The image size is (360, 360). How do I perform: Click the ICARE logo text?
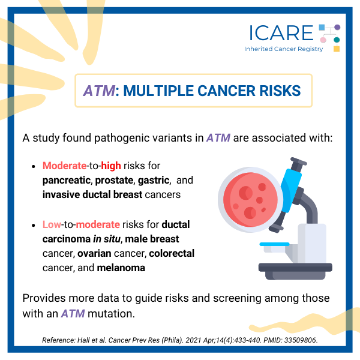[x=281, y=33]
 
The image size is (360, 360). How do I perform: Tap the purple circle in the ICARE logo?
[x=337, y=27]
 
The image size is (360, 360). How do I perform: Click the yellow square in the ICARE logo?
[x=337, y=49]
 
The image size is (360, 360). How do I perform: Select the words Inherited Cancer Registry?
[x=284, y=49]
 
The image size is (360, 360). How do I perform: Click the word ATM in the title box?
[x=99, y=91]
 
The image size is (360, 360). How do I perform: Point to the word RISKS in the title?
[x=280, y=91]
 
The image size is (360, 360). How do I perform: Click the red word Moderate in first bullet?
[x=65, y=166]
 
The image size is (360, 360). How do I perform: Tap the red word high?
[x=111, y=166]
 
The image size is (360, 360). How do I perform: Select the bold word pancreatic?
[x=67, y=181]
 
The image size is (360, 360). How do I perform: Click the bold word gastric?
[x=154, y=181]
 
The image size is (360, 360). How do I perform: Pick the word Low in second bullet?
[x=52, y=224]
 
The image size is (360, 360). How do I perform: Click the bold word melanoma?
[x=121, y=268]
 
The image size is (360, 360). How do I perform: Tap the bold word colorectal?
[x=172, y=253]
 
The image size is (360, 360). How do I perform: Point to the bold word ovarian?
[x=94, y=253]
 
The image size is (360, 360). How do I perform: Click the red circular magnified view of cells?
[x=250, y=200]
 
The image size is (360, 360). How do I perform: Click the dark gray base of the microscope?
[x=295, y=271]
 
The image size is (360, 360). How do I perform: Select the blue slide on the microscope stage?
[x=274, y=244]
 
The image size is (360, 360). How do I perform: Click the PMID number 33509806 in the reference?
[x=301, y=340]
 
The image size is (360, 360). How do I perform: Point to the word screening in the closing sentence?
[x=237, y=298]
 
